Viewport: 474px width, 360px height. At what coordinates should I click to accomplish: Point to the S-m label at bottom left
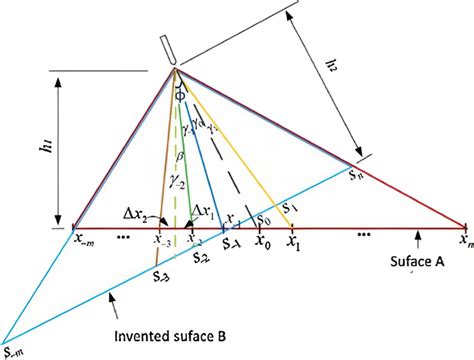point(13,350)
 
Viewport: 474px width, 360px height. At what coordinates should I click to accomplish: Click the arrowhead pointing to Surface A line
point(414,233)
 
